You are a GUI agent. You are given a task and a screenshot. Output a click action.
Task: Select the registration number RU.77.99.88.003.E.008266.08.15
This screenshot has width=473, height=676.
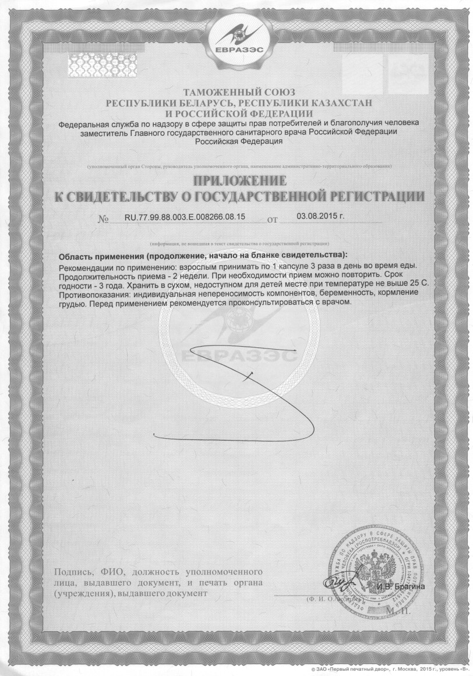(185, 217)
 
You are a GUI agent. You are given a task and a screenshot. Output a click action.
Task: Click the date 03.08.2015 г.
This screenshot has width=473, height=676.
(320, 216)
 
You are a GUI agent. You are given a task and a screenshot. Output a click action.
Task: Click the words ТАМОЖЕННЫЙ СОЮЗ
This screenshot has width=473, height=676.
(239, 93)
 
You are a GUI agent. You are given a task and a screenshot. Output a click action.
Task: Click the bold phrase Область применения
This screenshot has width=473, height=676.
(102, 255)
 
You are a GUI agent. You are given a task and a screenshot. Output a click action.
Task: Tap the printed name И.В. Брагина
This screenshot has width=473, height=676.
(401, 586)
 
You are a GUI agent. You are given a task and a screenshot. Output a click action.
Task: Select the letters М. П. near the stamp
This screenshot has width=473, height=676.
(399, 610)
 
